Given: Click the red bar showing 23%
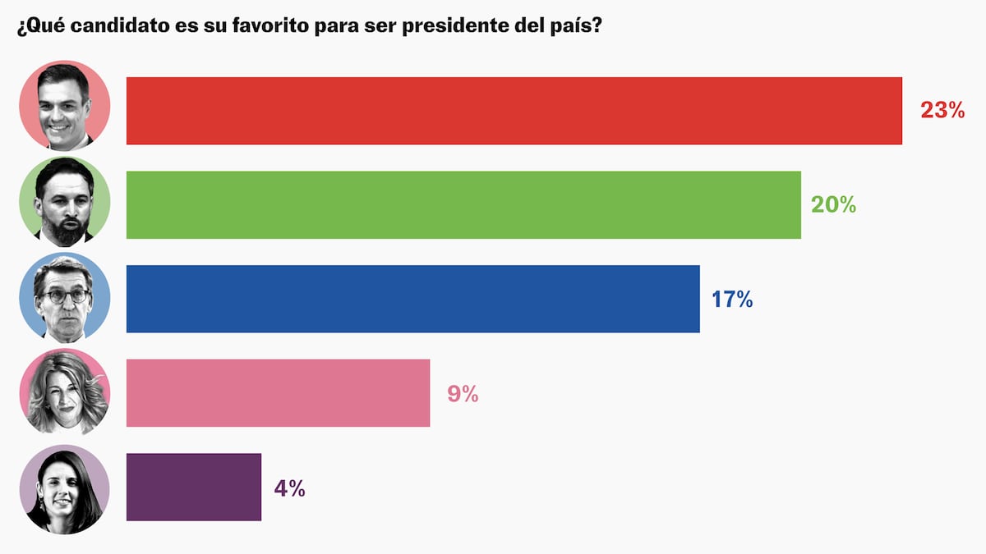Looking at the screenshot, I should point(514,111).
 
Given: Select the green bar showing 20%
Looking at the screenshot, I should point(463,205).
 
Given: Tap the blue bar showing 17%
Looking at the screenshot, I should point(412,299).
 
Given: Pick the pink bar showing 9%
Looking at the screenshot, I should point(278,393).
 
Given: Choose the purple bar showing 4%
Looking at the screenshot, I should point(193,487).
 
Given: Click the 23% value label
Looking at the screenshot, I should point(942,111).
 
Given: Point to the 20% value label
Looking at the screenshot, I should point(833,205).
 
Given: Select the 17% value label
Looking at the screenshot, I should point(732,300).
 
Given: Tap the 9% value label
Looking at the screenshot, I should point(463,394).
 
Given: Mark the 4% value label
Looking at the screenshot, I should point(289,488).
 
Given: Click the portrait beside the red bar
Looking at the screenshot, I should point(64,106).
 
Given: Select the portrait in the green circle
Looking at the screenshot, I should point(64,201).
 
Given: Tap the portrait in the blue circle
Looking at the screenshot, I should point(64,296).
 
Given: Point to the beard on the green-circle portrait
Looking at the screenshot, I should point(65,230).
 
